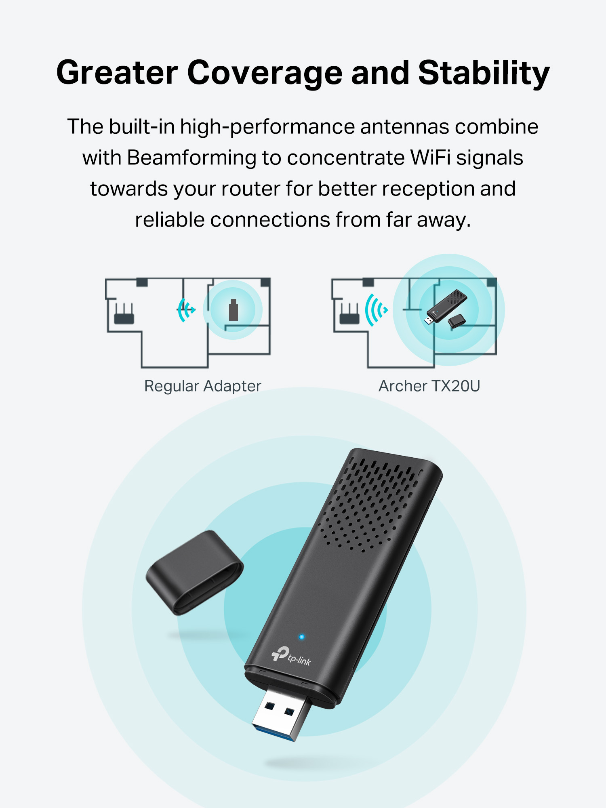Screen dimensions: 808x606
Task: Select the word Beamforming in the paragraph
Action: tap(192, 158)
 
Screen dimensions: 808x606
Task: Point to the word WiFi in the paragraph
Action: tap(430, 158)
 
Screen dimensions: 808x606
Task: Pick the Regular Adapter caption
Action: tap(203, 386)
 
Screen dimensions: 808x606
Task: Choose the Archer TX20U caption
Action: tap(429, 386)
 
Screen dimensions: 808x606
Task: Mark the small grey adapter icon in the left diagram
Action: tap(233, 310)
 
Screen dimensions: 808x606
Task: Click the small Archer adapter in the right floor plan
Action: tap(446, 306)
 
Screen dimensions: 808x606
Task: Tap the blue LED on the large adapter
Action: tap(301, 637)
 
